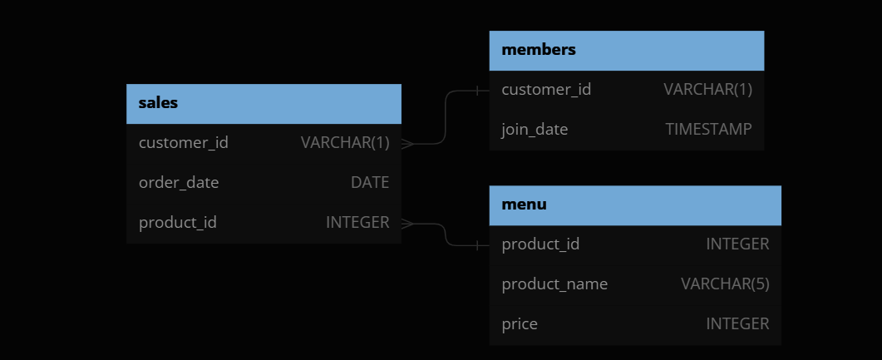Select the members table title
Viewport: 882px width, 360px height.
(539, 50)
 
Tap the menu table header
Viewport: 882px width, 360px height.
(524, 205)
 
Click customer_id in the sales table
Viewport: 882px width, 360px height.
(183, 143)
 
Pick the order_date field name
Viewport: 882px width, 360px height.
(179, 183)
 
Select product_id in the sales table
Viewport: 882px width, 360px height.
(178, 223)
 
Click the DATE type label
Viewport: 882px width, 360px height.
(370, 183)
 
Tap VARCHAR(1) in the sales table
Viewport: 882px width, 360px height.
(345, 143)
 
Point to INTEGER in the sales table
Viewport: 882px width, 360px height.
(357, 223)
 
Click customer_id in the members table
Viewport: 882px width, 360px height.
(546, 90)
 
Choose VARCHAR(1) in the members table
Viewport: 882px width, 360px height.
(707, 90)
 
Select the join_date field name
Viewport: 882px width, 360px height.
(535, 130)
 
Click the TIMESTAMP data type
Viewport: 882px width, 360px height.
(708, 130)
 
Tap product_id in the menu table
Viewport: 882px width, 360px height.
(540, 244)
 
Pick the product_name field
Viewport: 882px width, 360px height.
(554, 284)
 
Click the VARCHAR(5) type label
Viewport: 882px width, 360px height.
(725, 284)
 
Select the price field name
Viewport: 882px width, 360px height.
(520, 324)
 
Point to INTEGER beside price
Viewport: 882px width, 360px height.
(737, 324)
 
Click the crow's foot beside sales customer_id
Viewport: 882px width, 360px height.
(408, 143)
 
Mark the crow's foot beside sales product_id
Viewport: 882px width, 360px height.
(408, 223)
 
